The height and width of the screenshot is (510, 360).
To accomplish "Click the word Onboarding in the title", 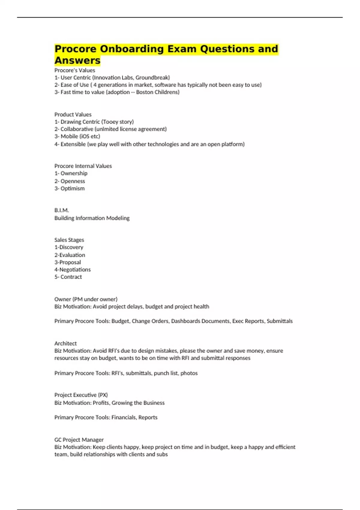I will (132, 49).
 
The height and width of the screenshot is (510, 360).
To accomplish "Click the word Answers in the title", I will (77, 60).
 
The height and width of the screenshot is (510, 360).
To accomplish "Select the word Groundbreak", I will (152, 77).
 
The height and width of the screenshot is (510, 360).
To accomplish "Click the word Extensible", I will (73, 144).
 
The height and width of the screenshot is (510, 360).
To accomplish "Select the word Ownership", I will (74, 173).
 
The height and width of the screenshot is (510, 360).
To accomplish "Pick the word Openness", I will (73, 181).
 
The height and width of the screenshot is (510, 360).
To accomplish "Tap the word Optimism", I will (73, 188).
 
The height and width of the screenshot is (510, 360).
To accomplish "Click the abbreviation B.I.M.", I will (61, 210).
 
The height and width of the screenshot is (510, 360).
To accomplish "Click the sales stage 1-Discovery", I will (69, 247).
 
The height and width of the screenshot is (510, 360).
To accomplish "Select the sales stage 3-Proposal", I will (67, 262).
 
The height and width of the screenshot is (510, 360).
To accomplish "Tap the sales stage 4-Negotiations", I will (72, 270).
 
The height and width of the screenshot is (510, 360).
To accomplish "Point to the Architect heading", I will (65, 343).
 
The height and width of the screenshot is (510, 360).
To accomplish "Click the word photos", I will (189, 373).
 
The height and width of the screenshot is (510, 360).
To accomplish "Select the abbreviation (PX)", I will (103, 395).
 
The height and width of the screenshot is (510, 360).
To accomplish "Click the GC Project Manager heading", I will (79, 440).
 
